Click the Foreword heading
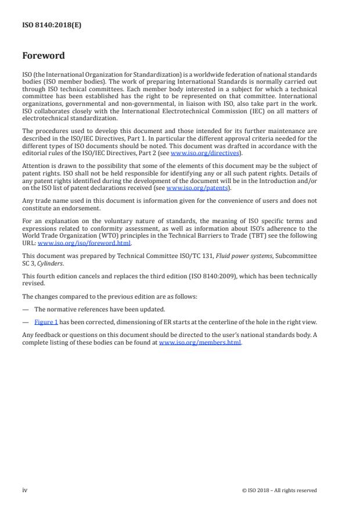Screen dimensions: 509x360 click(x=43, y=56)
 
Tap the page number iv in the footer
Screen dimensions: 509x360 click(x=25, y=490)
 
